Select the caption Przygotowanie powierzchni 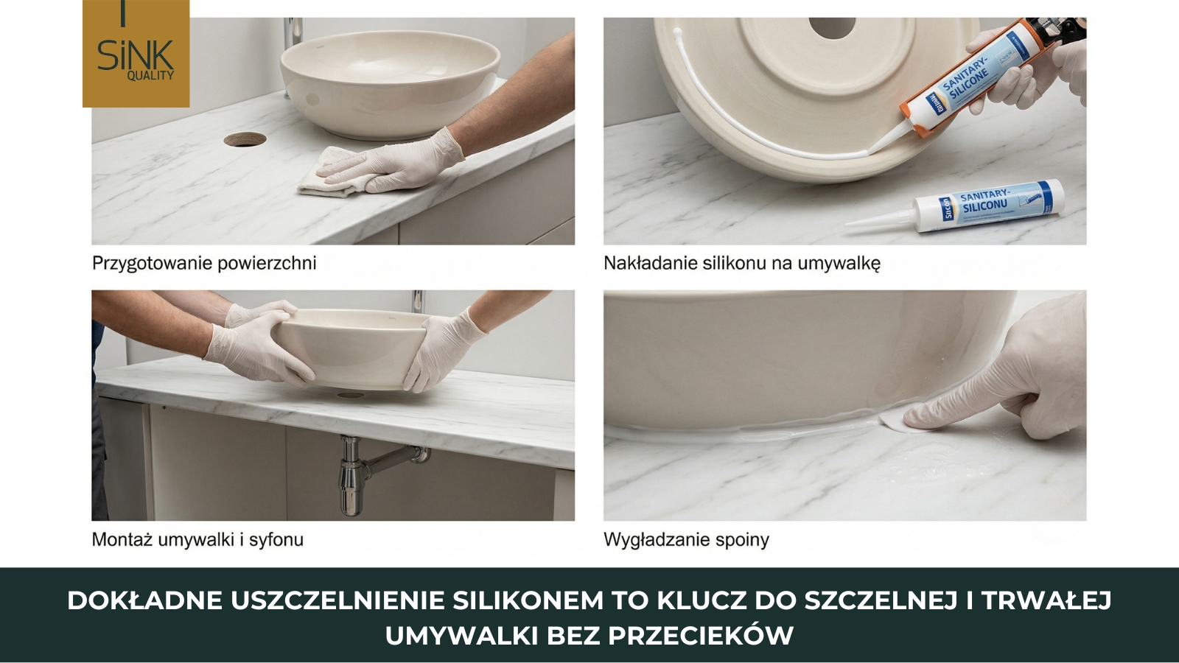[x=204, y=263]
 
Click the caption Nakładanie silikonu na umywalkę [x=741, y=263]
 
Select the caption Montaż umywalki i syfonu [x=197, y=539]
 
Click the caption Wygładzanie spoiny [x=686, y=539]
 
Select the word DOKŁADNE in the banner [x=144, y=600]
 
